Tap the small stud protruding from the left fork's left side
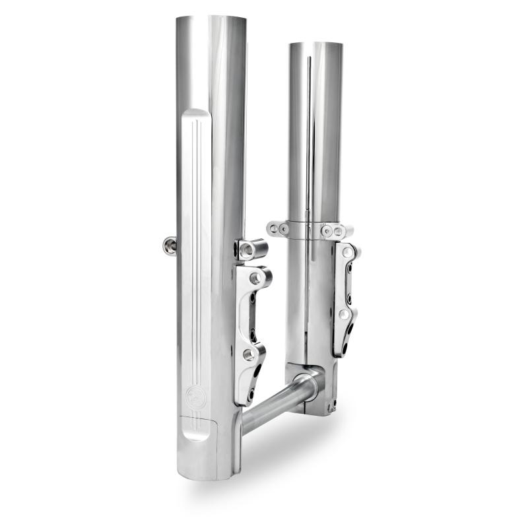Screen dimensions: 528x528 click(169, 246)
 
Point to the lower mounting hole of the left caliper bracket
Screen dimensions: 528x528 click(249, 356)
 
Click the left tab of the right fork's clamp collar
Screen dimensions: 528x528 click(279, 229)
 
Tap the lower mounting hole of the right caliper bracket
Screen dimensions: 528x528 click(343, 315)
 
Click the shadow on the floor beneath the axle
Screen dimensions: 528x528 click(284, 455)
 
